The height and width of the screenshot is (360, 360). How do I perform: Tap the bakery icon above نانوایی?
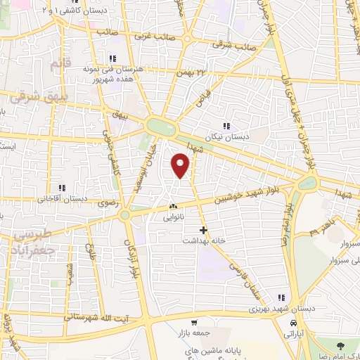[x=173, y=207]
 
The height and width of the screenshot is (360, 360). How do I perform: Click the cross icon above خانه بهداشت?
[x=203, y=230]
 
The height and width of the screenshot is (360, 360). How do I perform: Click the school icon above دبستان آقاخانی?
[x=63, y=187]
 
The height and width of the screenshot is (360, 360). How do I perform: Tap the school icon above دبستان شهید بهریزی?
[x=283, y=297]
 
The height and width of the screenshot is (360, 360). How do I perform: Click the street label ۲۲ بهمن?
[x=194, y=72]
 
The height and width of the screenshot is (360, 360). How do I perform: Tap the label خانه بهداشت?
[x=203, y=240]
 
